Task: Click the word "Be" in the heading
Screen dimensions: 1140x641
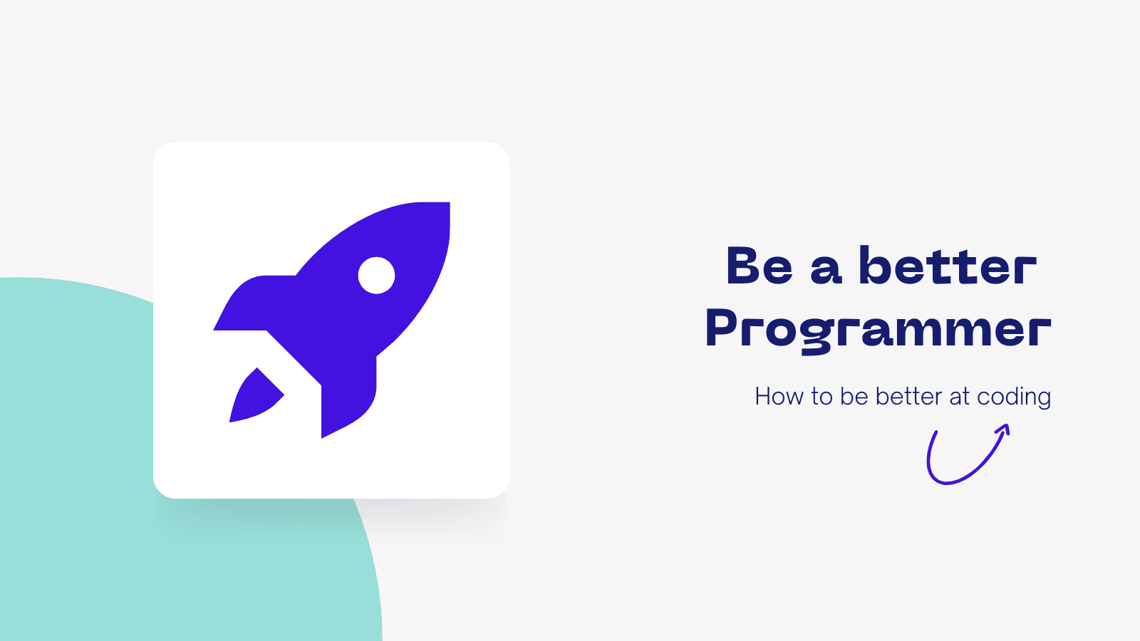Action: click(759, 266)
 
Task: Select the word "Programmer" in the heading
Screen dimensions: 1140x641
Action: click(878, 330)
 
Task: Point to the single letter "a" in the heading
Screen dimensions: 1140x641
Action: click(826, 270)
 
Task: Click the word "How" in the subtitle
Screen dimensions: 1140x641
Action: click(778, 397)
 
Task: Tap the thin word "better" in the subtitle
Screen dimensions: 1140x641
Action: click(908, 397)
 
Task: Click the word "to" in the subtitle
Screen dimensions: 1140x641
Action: click(822, 398)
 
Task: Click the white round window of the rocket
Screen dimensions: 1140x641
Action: click(376, 275)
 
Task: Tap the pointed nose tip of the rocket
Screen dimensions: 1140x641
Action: click(448, 204)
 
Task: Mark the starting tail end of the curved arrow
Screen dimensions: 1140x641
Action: click(936, 433)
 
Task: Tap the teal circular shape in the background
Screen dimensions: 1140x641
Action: click(76, 458)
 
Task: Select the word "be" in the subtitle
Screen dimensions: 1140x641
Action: click(854, 397)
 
